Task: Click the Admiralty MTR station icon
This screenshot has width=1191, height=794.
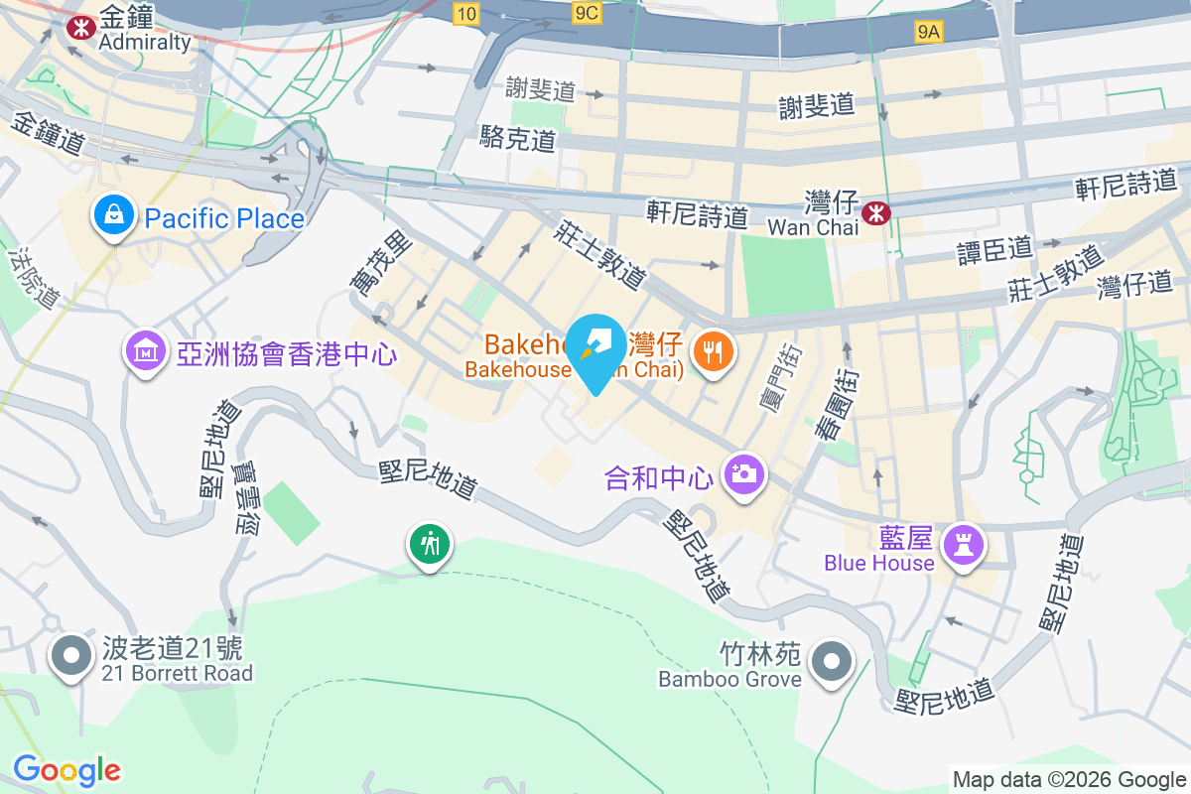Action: [75, 27]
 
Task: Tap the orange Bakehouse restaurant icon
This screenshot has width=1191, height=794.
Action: [713, 349]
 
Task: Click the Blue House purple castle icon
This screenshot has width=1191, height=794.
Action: [963, 543]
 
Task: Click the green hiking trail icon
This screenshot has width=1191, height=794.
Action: [430, 543]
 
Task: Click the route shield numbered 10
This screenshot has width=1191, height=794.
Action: [465, 12]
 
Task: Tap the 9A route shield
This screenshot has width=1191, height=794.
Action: [928, 32]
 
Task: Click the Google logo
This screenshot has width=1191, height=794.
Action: [66, 769]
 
